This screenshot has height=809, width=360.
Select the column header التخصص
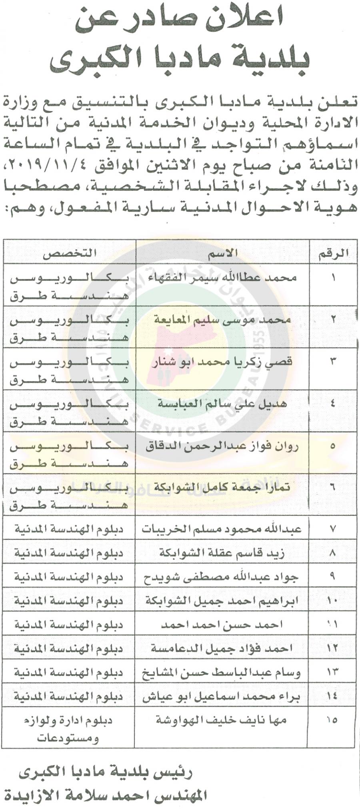(x=70, y=253)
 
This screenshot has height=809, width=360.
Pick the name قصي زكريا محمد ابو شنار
(x=223, y=362)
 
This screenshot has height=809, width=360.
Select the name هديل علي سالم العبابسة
(x=223, y=403)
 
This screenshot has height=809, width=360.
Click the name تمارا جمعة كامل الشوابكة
(x=223, y=487)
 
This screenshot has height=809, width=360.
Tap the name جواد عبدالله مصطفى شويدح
(x=222, y=577)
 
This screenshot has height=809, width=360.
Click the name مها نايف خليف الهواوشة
(x=221, y=720)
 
